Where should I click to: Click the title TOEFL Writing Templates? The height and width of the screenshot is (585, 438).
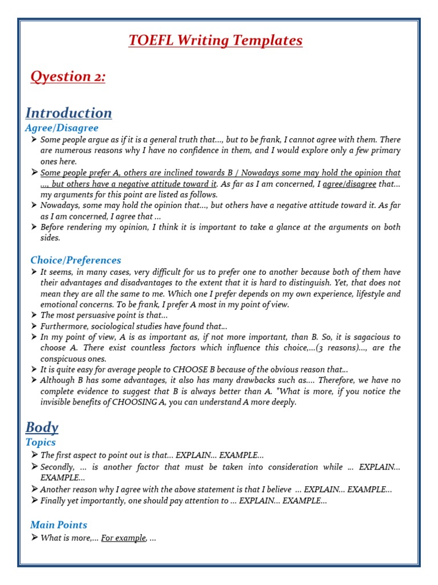[216, 41]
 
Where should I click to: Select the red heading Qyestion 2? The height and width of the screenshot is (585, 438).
[68, 77]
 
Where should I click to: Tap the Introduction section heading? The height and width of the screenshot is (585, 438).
[68, 113]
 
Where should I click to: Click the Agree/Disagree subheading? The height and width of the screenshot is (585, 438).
[62, 128]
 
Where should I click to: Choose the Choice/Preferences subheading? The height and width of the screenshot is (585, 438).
[76, 260]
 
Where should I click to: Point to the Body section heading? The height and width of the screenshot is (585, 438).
[42, 427]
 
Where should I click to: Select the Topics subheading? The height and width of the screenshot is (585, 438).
[40, 442]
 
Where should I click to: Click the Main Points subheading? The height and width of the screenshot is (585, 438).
[59, 524]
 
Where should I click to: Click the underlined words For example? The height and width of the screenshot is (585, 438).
[123, 538]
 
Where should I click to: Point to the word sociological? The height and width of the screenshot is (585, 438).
[112, 326]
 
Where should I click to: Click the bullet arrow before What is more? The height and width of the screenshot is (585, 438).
[34, 538]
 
